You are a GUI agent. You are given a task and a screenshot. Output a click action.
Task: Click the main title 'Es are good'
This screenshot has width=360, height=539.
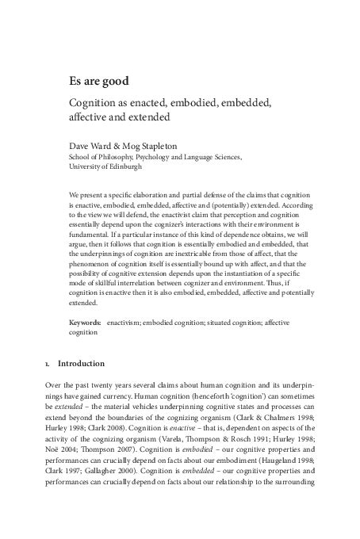pos(98,81)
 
